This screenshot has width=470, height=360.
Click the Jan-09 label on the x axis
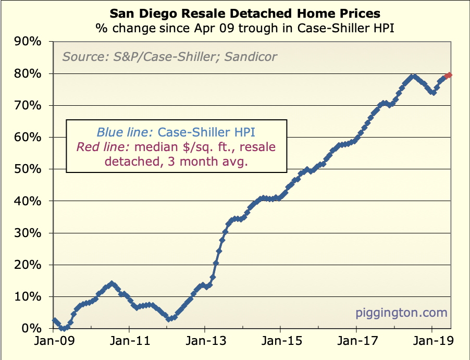[x=53, y=342]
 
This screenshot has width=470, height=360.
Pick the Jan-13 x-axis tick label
[x=205, y=342]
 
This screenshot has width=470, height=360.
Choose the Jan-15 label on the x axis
[x=280, y=342]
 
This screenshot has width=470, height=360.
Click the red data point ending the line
[x=449, y=75]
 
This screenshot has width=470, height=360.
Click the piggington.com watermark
[x=401, y=313]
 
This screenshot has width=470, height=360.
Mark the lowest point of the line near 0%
[x=63, y=328]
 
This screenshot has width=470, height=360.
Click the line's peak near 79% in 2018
[x=413, y=77]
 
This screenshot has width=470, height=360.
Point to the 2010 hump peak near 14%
[x=110, y=284]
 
